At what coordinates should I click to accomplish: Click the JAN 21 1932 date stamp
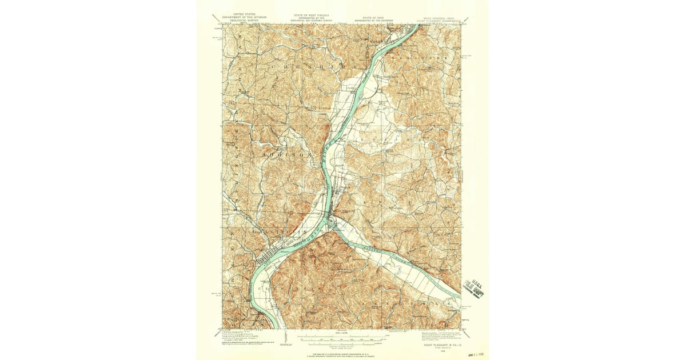pos(474,354)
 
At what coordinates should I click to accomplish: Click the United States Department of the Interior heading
pos(241,20)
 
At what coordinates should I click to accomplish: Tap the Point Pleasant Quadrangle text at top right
pos(442,21)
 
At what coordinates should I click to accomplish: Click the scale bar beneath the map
pos(341,340)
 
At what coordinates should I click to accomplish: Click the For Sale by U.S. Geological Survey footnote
pos(342,354)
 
